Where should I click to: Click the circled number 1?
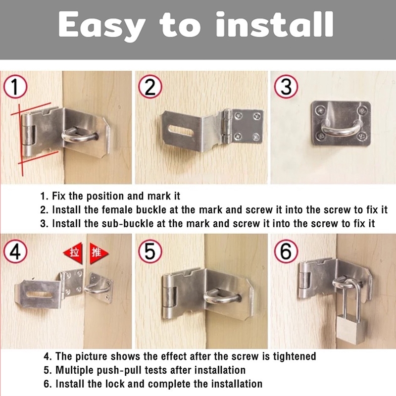click(x=15, y=86)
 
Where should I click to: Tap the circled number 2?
click(x=150, y=86)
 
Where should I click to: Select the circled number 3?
click(x=286, y=86)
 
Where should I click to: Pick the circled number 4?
click(x=15, y=251)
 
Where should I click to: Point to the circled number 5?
click(x=150, y=251)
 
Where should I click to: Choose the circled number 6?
click(x=286, y=251)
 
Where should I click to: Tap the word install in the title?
click(x=275, y=24)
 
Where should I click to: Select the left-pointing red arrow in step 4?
click(x=73, y=253)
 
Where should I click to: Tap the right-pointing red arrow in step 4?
click(x=99, y=253)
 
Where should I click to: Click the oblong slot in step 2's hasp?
click(x=181, y=131)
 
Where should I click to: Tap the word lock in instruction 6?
click(x=115, y=384)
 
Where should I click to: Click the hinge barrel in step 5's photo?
click(x=168, y=297)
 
